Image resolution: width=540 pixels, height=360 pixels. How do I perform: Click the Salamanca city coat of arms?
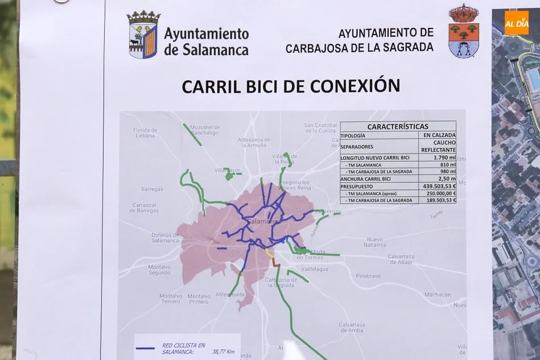(x=142, y=34)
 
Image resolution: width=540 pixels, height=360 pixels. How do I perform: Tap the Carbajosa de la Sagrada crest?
(x=463, y=31)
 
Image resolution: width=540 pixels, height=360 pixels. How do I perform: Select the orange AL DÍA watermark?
(x=516, y=23)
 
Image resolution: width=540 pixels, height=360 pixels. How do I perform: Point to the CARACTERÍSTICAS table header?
(x=398, y=126)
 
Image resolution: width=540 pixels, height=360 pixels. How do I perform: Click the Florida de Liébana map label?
(x=145, y=133)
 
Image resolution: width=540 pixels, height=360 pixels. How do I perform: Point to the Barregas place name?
(x=152, y=189)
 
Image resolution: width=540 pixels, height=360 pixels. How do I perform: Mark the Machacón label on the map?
(x=437, y=295)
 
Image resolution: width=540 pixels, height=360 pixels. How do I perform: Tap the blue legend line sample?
(x=146, y=347)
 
